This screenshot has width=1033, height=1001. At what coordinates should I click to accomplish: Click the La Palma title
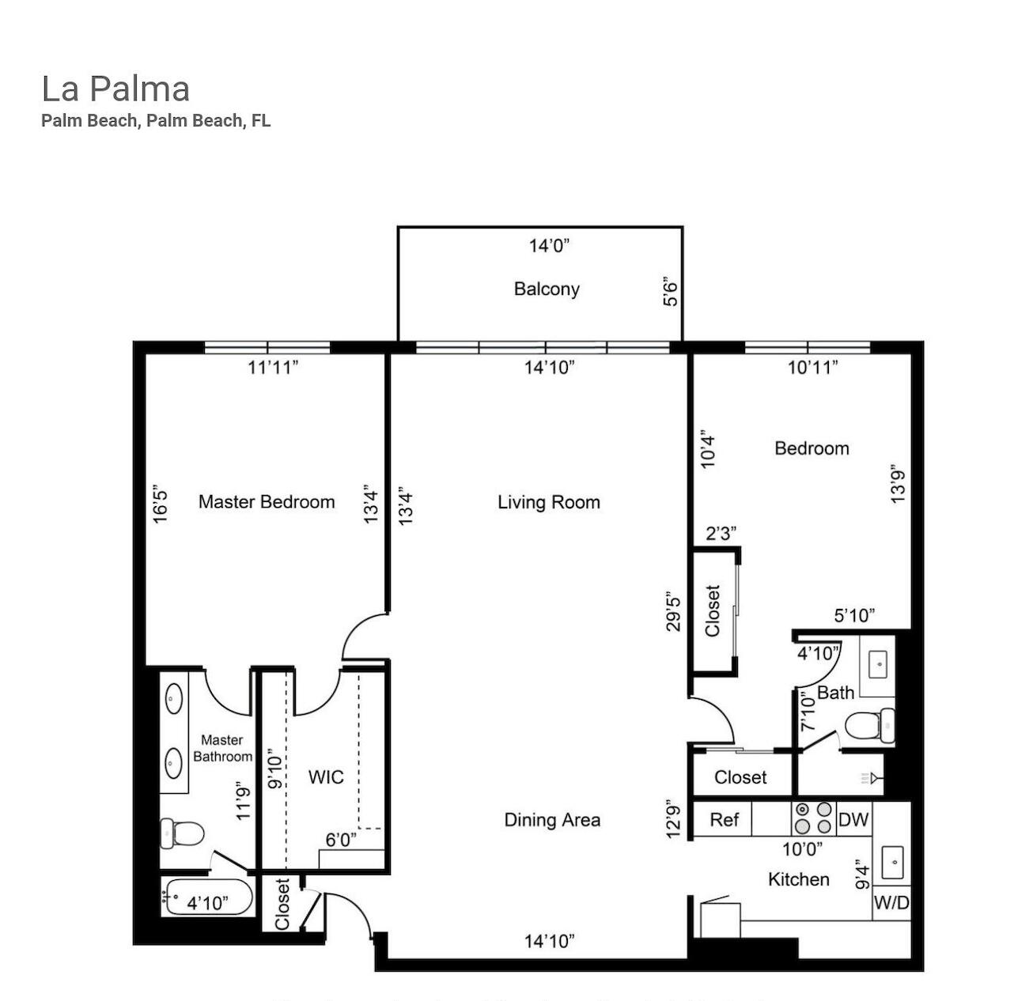pos(115,89)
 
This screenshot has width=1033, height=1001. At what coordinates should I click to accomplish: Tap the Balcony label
pos(547,289)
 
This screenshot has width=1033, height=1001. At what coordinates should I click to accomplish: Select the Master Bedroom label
pos(267,502)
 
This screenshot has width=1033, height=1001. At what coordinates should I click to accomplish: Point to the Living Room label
pos(549,502)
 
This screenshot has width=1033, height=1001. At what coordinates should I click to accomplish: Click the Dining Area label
pos(552,820)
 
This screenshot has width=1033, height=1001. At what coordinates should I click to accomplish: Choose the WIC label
pos(326,776)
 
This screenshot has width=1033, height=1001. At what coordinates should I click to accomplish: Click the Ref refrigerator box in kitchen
pos(723,819)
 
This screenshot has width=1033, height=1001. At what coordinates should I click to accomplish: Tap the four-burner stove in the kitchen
pos(813,818)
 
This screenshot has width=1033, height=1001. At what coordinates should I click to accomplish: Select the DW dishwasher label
pos(853,819)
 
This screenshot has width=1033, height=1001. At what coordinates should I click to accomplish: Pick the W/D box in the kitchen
pos(891,902)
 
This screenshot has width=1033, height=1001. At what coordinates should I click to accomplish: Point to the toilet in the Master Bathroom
pos(182,833)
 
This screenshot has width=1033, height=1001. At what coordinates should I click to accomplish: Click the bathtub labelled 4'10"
pos(207,898)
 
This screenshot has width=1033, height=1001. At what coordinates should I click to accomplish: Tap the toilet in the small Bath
pos(869,725)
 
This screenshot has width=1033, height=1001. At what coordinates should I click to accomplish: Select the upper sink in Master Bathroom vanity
pos(173,698)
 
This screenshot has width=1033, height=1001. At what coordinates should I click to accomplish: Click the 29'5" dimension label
pos(674,611)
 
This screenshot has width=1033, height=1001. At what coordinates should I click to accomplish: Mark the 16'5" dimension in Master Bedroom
pos(161,504)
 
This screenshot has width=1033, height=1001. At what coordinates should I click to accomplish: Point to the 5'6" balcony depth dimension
pos(670,291)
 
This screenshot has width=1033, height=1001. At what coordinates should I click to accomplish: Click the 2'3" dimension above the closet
pos(721,534)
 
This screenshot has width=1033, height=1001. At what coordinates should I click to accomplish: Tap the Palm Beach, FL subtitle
pos(156,120)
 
